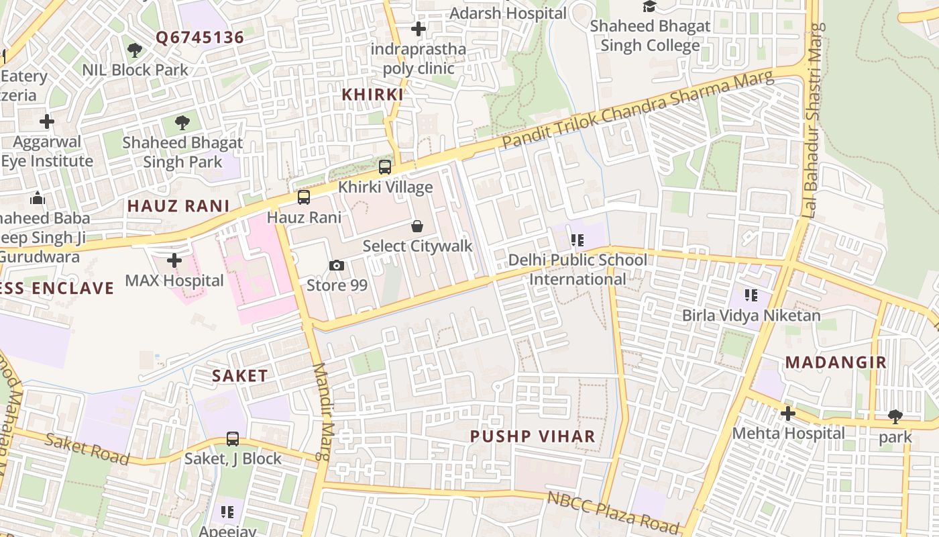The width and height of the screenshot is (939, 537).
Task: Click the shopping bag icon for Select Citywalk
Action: pos(417,226)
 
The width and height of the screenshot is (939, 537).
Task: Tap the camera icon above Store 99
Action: pos(337,265)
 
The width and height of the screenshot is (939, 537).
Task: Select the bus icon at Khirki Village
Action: pos(385,167)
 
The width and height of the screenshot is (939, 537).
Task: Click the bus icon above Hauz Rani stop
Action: pos(304,197)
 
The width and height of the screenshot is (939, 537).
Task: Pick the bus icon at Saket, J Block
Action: pos(233,439)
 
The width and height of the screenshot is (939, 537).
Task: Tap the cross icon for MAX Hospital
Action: pos(174,260)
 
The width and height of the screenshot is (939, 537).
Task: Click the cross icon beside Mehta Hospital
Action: pos(788,413)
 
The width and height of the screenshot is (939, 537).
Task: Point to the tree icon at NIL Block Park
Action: pos(135,50)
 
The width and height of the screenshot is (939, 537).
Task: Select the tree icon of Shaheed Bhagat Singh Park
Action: pos(182,122)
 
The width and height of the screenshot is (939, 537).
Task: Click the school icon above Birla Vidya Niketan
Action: pos(751,295)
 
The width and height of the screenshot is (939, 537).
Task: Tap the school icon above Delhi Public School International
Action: pos(577,240)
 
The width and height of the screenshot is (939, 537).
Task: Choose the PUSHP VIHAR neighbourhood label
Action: pos(533,436)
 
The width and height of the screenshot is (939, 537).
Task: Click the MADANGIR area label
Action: pos(836,362)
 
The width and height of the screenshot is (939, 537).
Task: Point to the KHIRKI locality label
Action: pos(372,95)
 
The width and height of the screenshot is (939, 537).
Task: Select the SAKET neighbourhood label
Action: pos(240,376)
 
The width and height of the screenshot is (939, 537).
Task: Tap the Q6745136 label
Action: pos(200,38)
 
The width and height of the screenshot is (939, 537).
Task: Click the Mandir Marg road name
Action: pos(323,411)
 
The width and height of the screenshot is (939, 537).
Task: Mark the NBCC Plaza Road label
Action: pos(613,512)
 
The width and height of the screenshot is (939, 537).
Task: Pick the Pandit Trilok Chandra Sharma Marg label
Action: pos(638,110)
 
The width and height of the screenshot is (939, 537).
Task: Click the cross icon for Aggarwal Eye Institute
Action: pos(46,121)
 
